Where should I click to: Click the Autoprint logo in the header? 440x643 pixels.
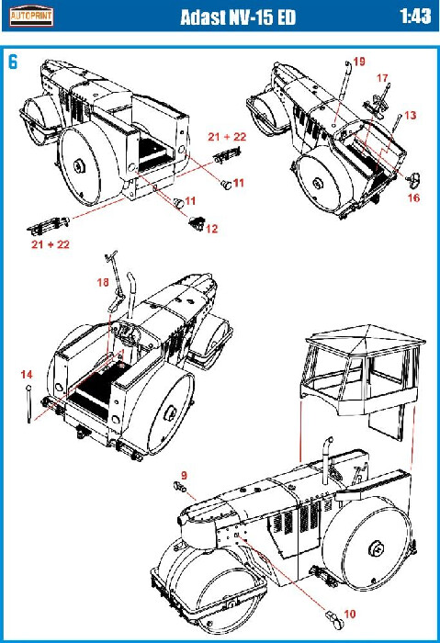click(31, 16)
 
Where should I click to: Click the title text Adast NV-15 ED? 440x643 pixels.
click(238, 17)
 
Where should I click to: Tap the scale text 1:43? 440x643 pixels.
click(415, 17)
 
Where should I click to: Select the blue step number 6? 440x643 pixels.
click(13, 62)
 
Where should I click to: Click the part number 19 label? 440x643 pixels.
click(359, 62)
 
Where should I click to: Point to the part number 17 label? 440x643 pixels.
click(382, 78)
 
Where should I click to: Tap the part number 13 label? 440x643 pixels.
click(410, 116)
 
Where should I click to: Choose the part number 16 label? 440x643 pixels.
click(413, 198)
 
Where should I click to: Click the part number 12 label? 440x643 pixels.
click(211, 229)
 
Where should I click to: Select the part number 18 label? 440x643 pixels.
click(103, 282)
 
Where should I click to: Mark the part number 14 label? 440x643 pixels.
click(27, 375)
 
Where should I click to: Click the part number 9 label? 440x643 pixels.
click(184, 475)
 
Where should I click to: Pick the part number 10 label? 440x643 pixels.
click(349, 614)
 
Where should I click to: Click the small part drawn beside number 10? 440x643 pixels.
click(334, 620)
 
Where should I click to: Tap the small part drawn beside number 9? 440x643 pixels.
click(179, 487)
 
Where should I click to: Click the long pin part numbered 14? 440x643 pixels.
click(28, 404)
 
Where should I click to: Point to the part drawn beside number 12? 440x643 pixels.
click(197, 222)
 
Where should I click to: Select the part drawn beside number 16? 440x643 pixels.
click(413, 179)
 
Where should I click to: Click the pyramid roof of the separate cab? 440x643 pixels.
click(366, 334)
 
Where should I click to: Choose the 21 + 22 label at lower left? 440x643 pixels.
click(51, 244)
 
